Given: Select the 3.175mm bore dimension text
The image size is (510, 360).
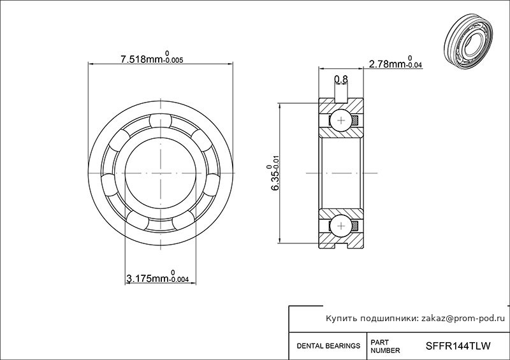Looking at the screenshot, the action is (157, 277).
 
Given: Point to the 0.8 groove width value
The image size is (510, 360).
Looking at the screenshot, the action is (341, 79).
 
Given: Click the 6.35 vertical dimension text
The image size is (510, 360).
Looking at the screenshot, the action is (273, 178).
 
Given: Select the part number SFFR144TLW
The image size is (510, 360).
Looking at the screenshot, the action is (458, 346).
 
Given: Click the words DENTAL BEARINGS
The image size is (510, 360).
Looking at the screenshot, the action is (328, 346).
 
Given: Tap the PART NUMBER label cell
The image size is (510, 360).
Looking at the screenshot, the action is (385, 347).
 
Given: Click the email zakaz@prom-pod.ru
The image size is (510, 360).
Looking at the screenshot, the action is (463, 319).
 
